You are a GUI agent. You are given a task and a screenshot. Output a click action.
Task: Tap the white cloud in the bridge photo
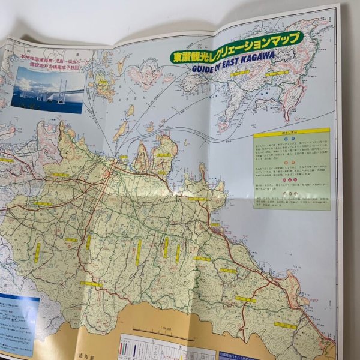click(27, 83)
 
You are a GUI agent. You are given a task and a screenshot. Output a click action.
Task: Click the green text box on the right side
click(292, 171)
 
